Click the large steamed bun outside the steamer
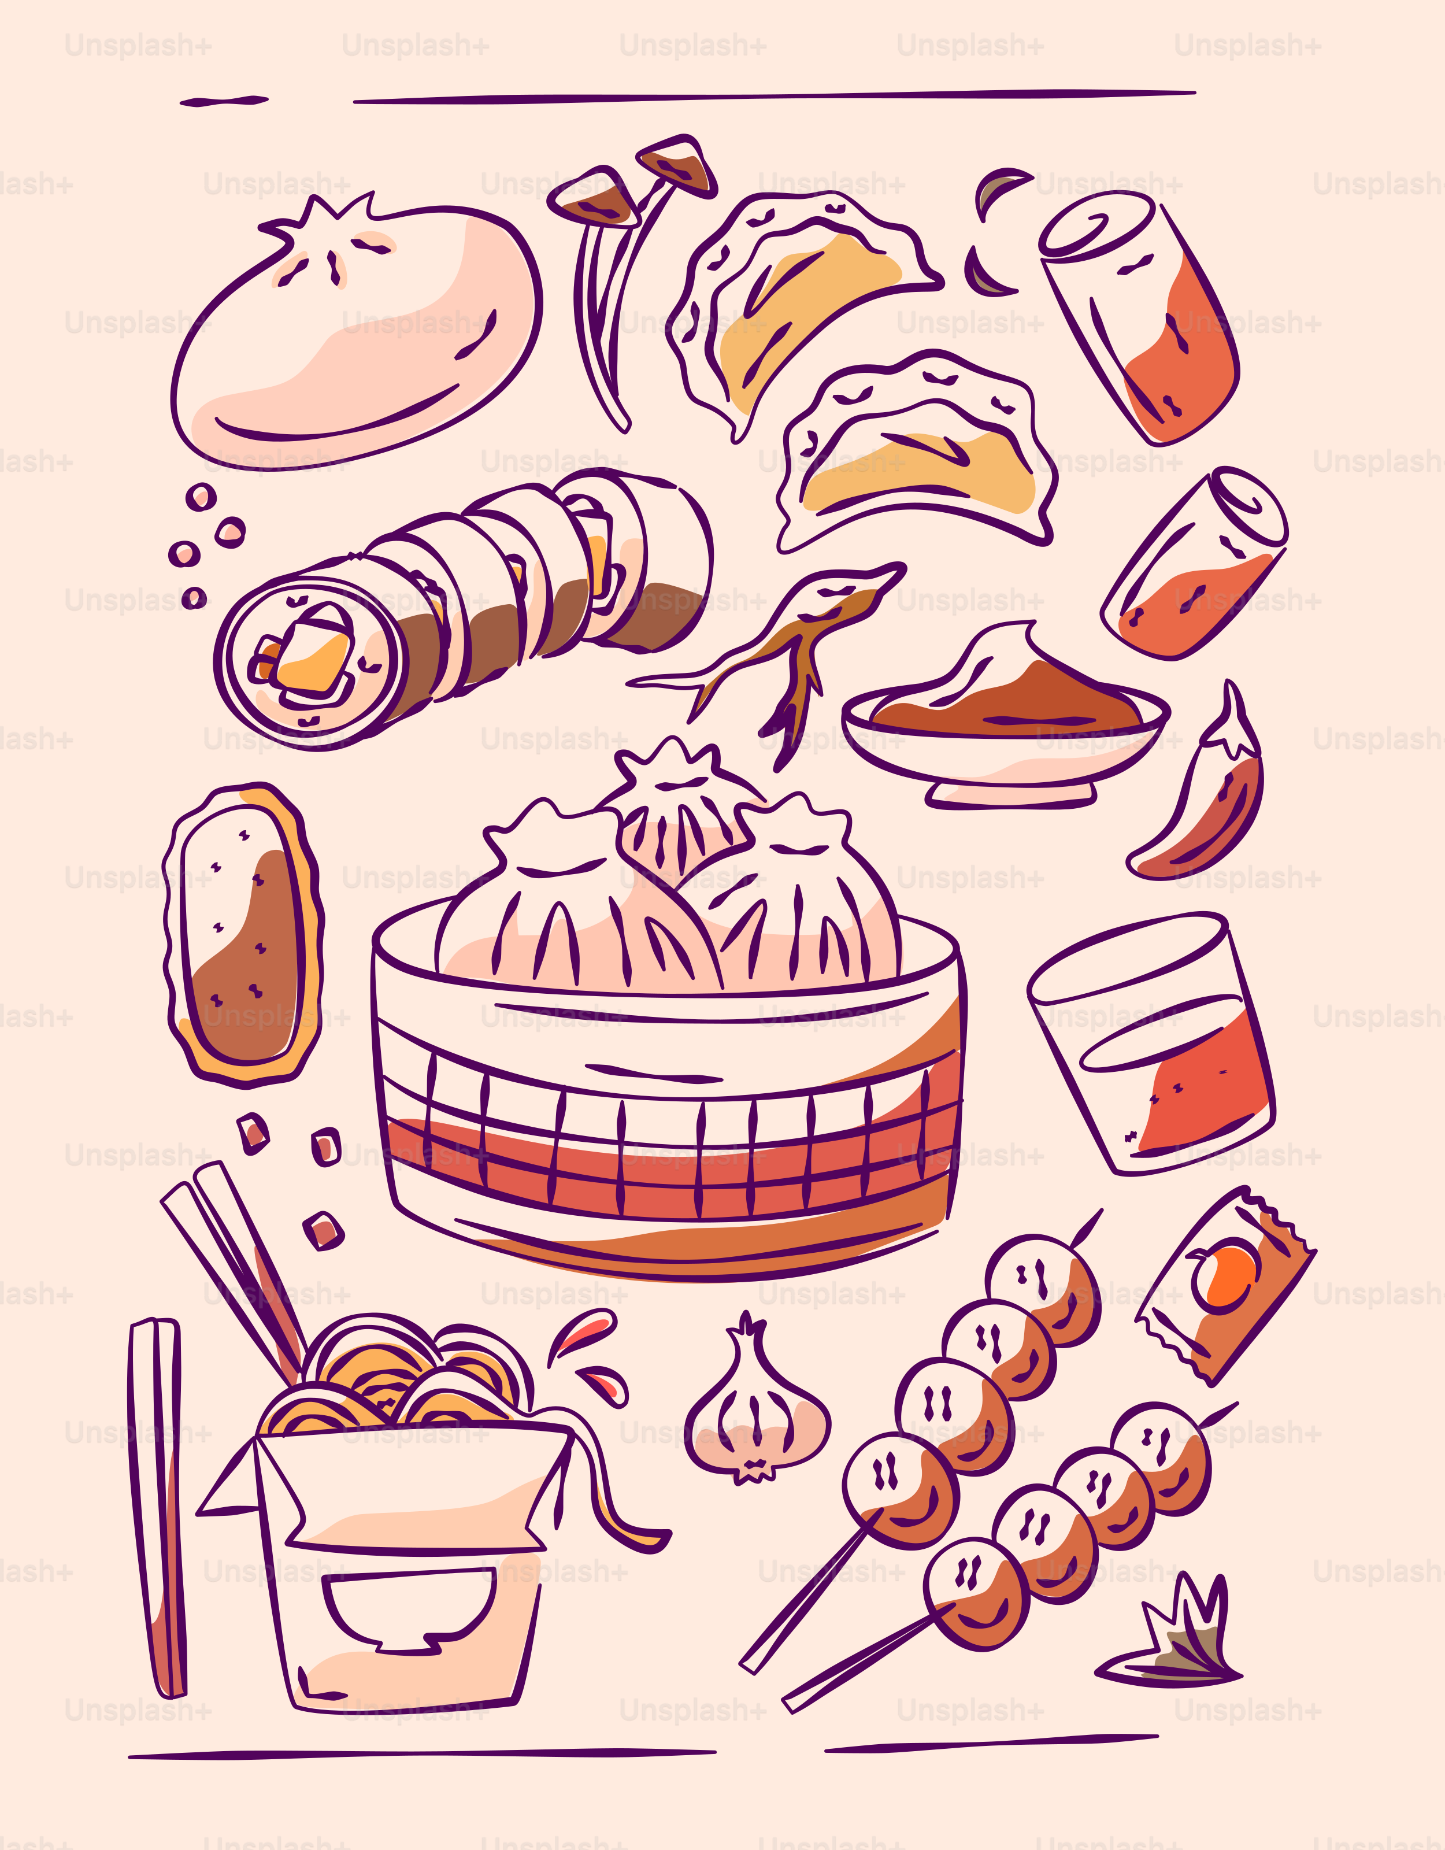click(355, 339)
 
